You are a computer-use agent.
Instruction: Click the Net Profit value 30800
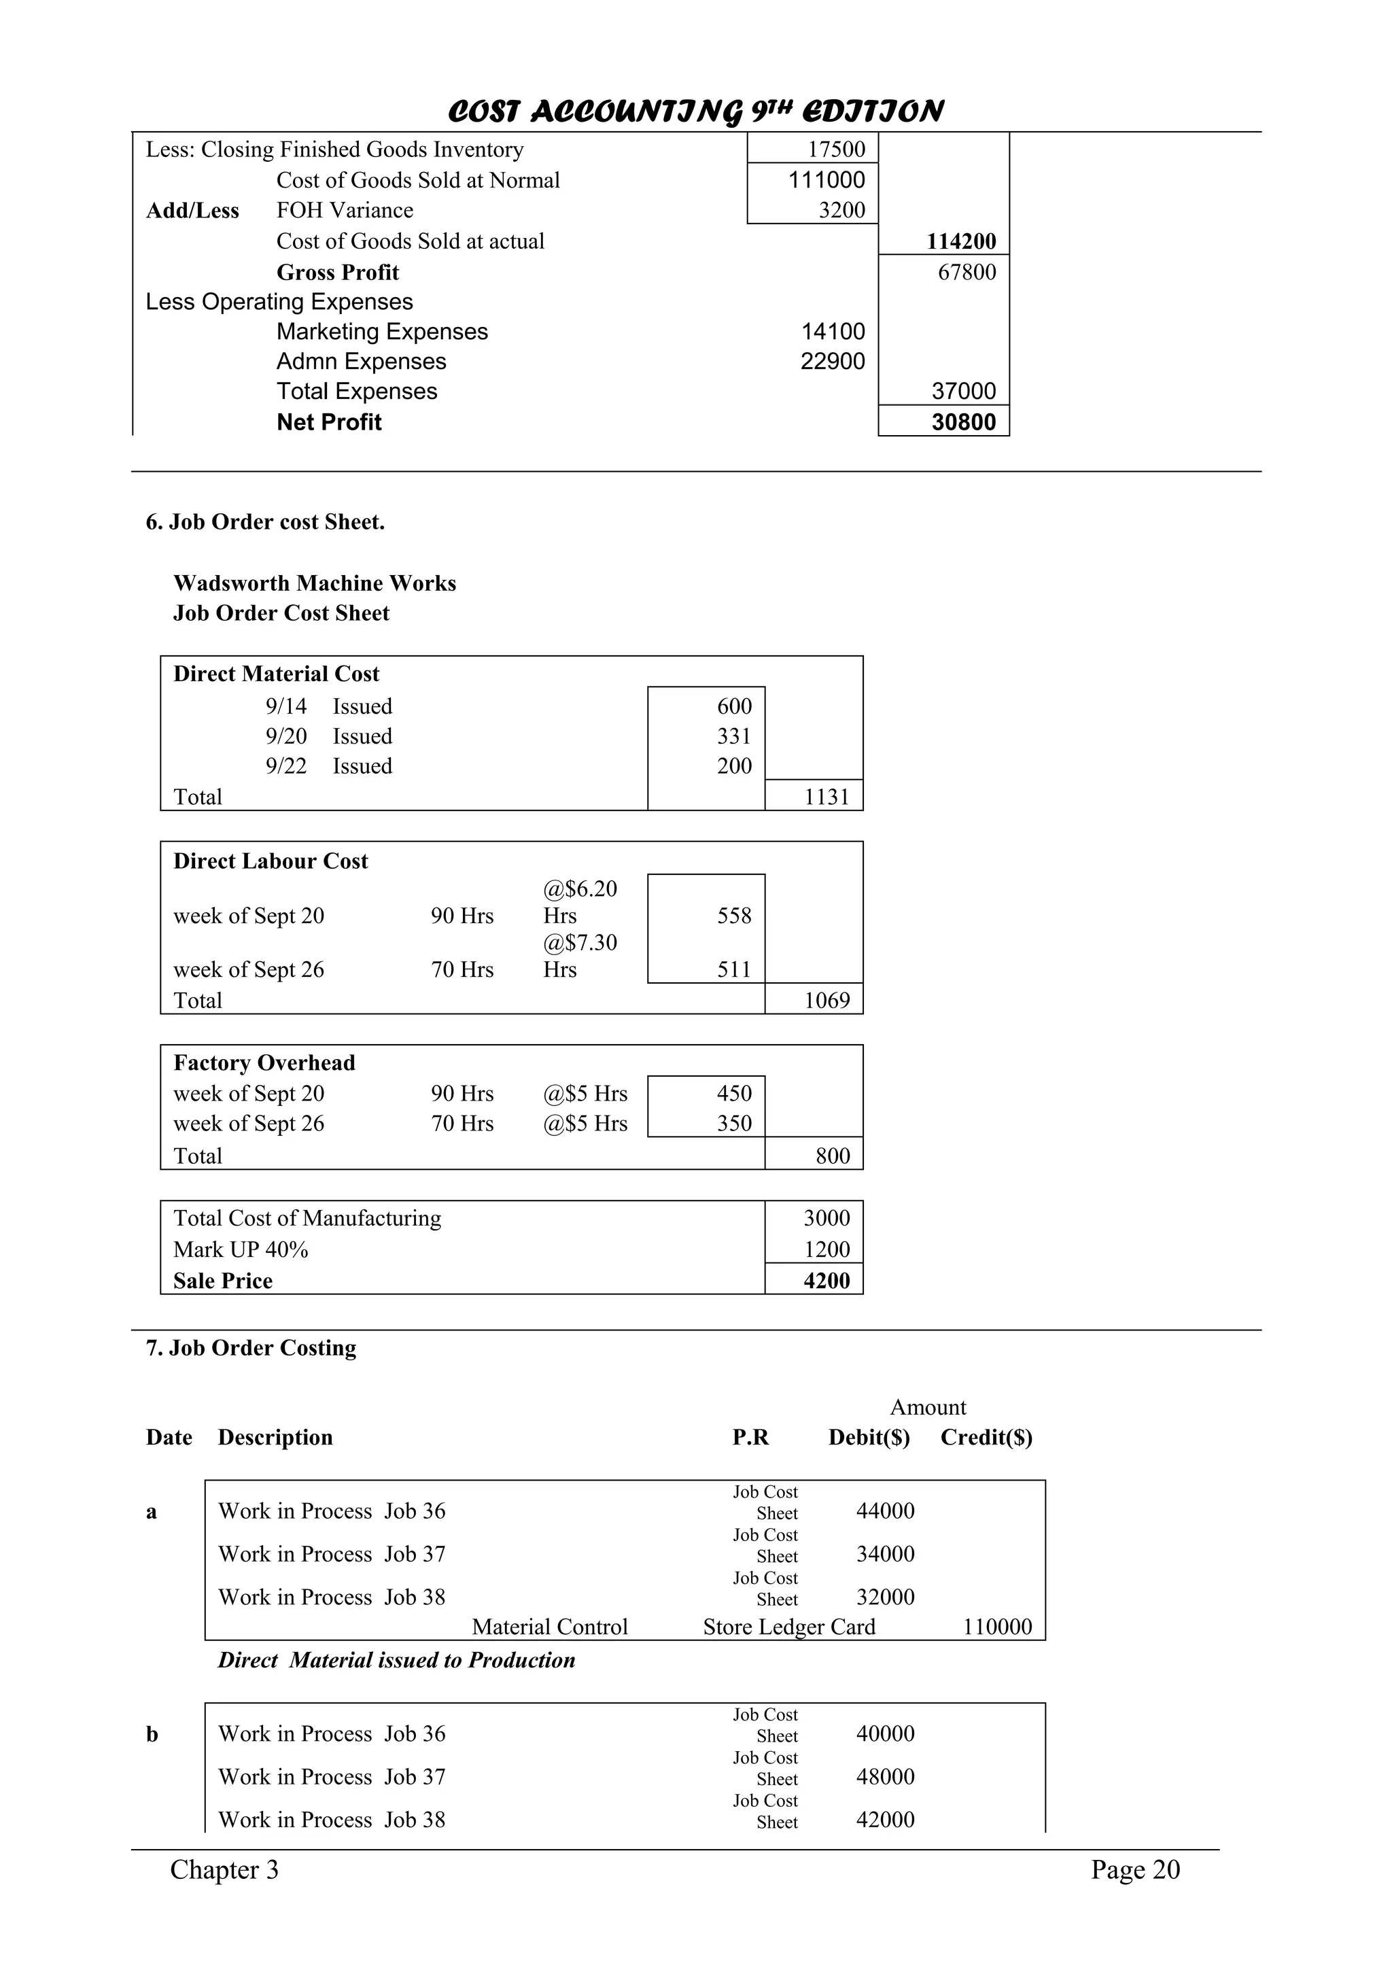pyautogui.click(x=963, y=422)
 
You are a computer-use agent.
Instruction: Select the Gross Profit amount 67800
pyautogui.click(x=967, y=272)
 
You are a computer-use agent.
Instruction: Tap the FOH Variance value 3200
pyautogui.click(x=841, y=210)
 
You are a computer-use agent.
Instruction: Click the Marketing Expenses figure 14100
pyautogui.click(x=833, y=331)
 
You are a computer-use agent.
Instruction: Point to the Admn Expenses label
pyautogui.click(x=361, y=361)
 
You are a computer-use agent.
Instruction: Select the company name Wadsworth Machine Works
pyautogui.click(x=315, y=583)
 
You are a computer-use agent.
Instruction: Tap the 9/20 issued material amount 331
pyautogui.click(x=734, y=736)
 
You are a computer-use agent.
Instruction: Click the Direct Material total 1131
pyautogui.click(x=826, y=797)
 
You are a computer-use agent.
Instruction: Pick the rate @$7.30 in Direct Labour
pyautogui.click(x=580, y=943)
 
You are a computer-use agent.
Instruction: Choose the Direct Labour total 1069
pyautogui.click(x=826, y=1001)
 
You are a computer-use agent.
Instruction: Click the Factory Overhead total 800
pyautogui.click(x=832, y=1156)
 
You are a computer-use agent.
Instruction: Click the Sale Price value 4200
pyautogui.click(x=826, y=1281)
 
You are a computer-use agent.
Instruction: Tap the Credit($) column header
pyautogui.click(x=986, y=1437)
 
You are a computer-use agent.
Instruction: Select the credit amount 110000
pyautogui.click(x=996, y=1627)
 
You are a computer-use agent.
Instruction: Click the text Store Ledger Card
pyautogui.click(x=789, y=1627)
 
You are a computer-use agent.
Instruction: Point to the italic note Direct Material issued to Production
pyautogui.click(x=396, y=1660)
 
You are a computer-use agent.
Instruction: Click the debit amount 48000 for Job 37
pyautogui.click(x=885, y=1777)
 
